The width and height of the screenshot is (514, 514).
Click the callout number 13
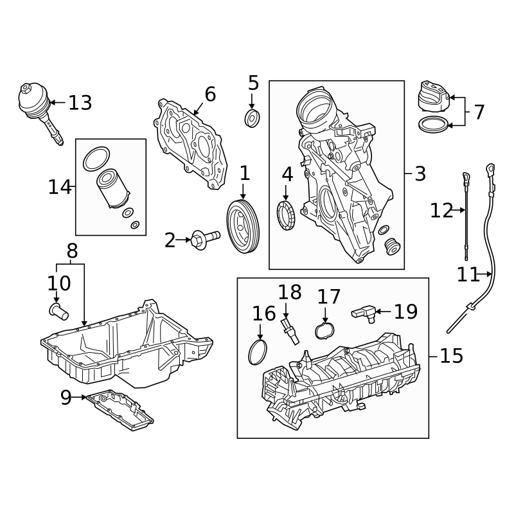[x=80, y=103]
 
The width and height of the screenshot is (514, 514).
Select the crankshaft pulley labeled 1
[x=243, y=227]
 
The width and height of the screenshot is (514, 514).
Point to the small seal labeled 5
[x=253, y=118]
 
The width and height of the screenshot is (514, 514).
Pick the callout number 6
[x=210, y=94]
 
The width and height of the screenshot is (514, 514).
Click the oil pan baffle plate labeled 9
[x=120, y=409]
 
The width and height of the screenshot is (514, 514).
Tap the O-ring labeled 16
[x=258, y=351]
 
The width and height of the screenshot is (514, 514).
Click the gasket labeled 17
[x=325, y=331]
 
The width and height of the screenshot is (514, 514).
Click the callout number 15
[x=452, y=355]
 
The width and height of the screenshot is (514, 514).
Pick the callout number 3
[x=420, y=173]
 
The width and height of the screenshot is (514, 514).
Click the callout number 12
[x=441, y=210]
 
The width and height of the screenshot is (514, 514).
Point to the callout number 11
[x=468, y=275]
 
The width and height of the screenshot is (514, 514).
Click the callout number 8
[x=72, y=251]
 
